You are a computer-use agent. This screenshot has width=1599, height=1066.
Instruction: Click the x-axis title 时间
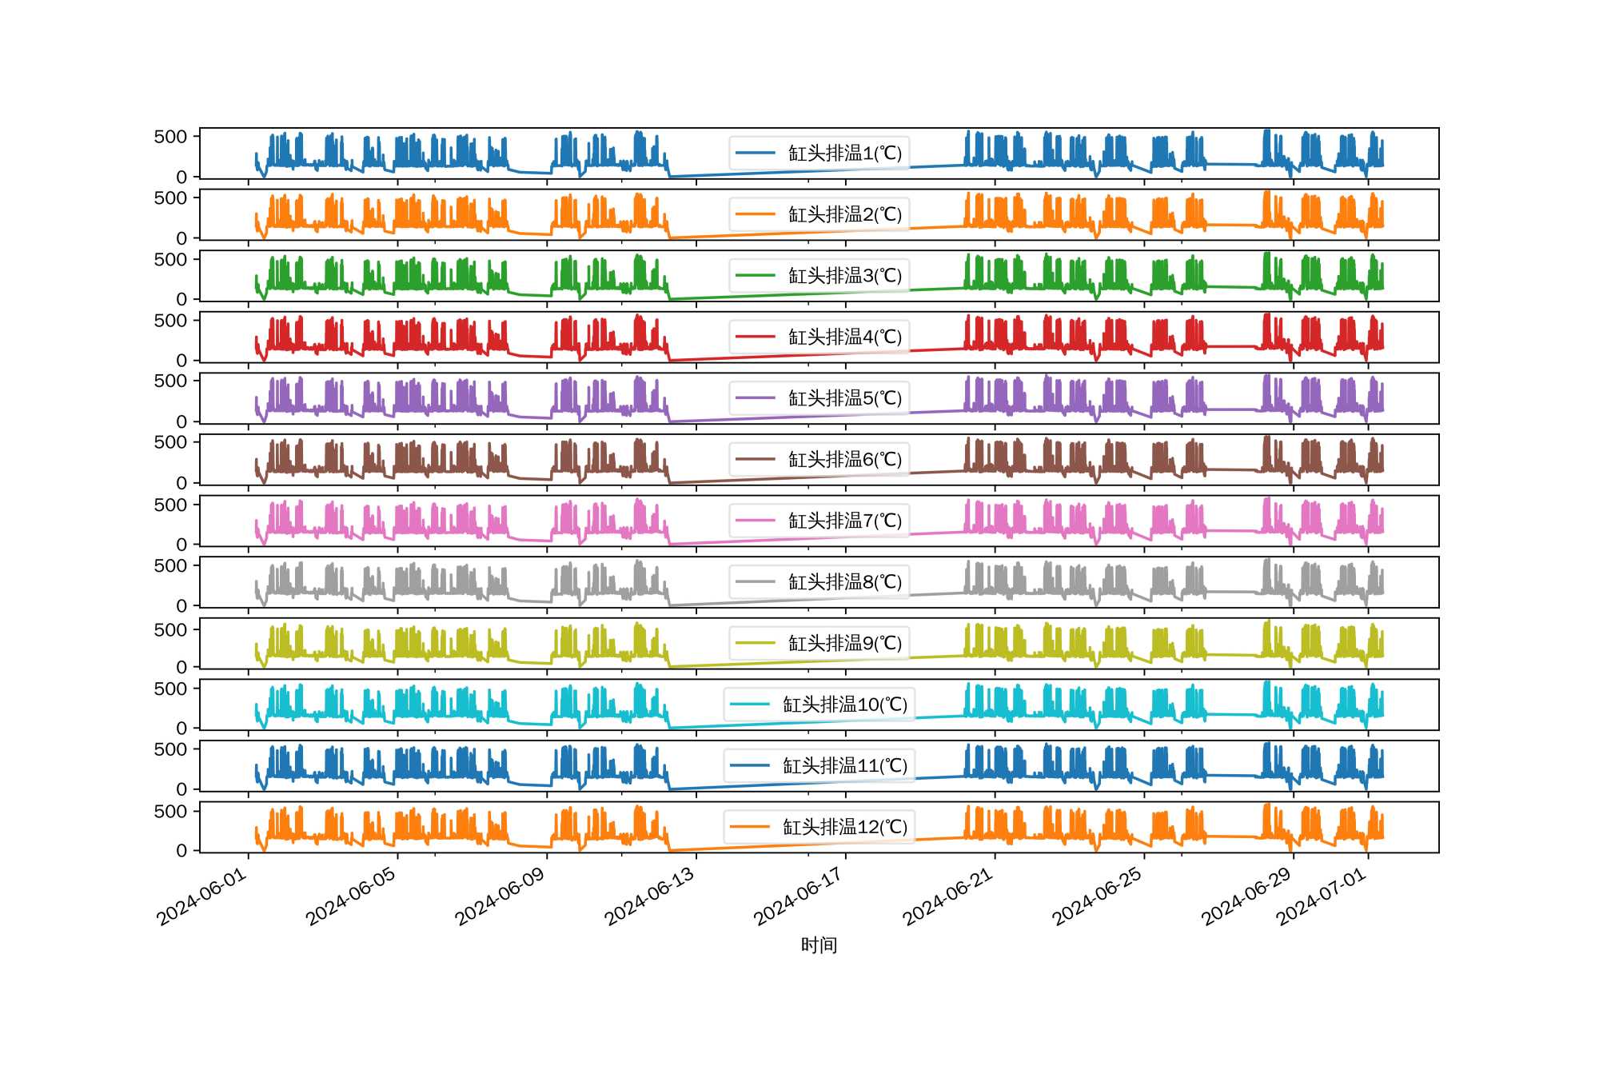pyautogui.click(x=819, y=945)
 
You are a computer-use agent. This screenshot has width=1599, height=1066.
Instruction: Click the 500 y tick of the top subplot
pyautogui.click(x=170, y=137)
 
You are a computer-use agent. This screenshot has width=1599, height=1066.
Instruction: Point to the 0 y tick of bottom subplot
pyautogui.click(x=181, y=851)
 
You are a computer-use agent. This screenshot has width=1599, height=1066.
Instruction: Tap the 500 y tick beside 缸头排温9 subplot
pyautogui.click(x=170, y=630)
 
